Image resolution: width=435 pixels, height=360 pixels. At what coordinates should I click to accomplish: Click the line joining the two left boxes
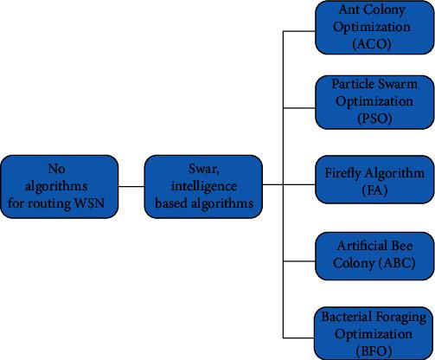[x=131, y=185]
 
